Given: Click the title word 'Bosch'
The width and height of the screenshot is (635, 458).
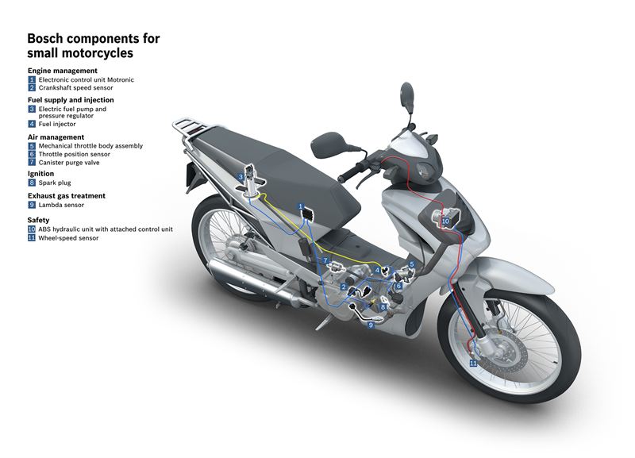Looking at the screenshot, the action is (x=45, y=38).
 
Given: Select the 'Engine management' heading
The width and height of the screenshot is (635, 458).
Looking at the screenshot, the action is (x=63, y=71).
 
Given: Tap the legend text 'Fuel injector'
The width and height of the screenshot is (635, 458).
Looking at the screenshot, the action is (x=57, y=124).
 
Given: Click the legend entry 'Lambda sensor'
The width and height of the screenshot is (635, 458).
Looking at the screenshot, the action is (x=61, y=205).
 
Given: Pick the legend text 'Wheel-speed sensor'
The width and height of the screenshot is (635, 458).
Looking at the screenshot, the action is (x=68, y=238).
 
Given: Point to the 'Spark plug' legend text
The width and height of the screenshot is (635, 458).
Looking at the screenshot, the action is (x=55, y=183).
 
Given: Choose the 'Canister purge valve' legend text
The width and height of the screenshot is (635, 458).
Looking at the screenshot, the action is (x=69, y=163).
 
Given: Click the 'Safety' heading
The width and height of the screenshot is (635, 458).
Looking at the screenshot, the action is (x=38, y=220).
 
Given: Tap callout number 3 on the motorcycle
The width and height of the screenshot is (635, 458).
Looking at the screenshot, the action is (x=241, y=177).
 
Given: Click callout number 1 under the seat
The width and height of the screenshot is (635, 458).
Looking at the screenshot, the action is (x=301, y=206).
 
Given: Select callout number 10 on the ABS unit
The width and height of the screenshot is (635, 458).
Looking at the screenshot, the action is (x=445, y=221).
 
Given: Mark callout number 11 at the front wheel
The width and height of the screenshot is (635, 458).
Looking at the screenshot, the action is (x=473, y=364).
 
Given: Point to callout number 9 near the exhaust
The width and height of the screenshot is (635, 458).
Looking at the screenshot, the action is (x=371, y=325).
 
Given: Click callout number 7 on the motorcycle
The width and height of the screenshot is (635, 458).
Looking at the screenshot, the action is (x=325, y=261).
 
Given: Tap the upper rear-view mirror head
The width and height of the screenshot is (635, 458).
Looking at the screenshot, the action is (x=406, y=94).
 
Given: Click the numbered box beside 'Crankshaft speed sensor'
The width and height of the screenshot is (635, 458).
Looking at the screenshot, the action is (x=32, y=88).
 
